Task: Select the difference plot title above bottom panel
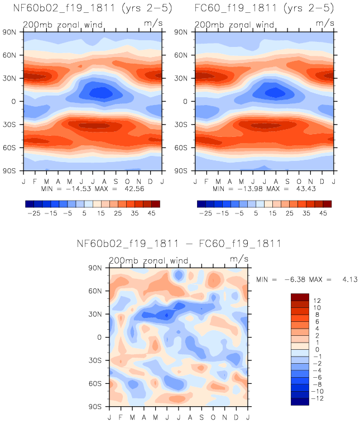tap(179, 244)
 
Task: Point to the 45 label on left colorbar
tap(151, 213)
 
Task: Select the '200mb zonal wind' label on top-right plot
tap(234, 25)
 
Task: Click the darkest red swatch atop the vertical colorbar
tap(299, 297)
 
